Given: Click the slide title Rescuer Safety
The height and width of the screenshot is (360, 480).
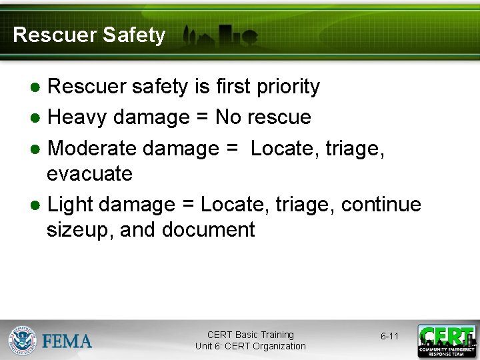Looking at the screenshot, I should [89, 35].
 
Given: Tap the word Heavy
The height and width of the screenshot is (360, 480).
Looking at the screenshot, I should [77, 117].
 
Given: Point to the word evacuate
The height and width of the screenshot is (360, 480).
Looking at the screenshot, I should [89, 174].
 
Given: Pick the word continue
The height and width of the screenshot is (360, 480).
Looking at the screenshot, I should [381, 204].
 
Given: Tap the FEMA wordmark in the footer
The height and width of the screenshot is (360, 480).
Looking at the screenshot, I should [67, 341].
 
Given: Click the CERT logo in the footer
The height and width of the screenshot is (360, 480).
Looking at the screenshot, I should [447, 341].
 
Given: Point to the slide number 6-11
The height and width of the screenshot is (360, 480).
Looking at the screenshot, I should [389, 336].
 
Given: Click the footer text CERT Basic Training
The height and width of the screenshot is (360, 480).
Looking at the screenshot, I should [251, 335].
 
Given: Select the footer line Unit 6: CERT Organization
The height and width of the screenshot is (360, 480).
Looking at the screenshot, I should [251, 346].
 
